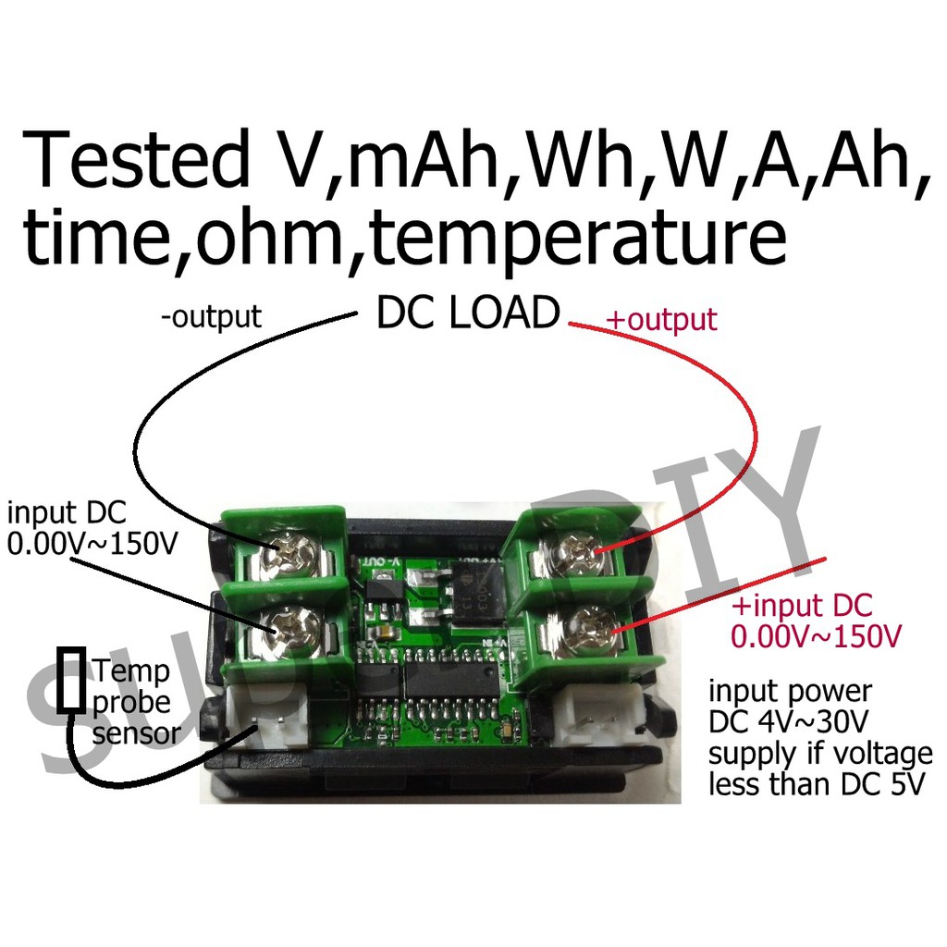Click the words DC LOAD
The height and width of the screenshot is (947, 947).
click(x=467, y=314)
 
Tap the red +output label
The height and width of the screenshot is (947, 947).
click(x=660, y=320)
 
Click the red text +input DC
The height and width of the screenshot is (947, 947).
click(x=801, y=607)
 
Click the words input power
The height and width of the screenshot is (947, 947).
click(x=789, y=692)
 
